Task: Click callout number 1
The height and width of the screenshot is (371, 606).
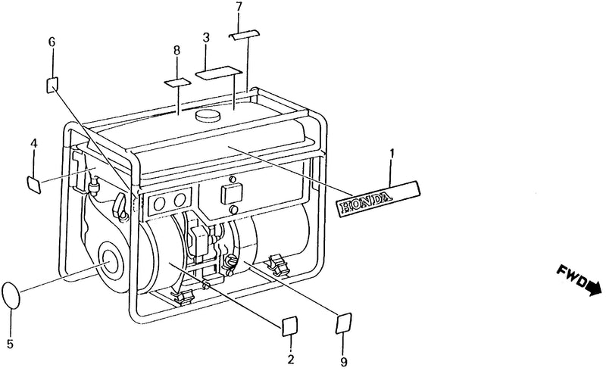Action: tap(392, 154)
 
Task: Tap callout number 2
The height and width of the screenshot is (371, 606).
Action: tap(291, 359)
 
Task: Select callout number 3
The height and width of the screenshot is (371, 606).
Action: tap(206, 38)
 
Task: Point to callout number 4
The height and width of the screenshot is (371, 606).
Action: tap(34, 144)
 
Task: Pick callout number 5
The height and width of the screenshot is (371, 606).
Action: tap(10, 343)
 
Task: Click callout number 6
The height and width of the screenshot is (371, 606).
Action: tap(52, 42)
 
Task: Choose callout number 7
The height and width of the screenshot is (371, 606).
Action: tap(239, 7)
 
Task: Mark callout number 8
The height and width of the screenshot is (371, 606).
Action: tap(176, 50)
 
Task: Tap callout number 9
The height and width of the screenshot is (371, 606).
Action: tap(344, 362)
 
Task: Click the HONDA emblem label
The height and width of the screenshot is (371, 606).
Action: tap(378, 198)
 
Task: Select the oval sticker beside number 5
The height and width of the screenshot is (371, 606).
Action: tap(11, 295)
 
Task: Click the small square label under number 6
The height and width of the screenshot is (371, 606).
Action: tap(52, 85)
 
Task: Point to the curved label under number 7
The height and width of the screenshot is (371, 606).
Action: tap(244, 35)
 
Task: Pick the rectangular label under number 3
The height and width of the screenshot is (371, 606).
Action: tap(218, 73)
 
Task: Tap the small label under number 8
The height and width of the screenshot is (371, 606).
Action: tap(178, 82)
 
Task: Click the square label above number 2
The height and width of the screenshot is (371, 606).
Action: tap(290, 326)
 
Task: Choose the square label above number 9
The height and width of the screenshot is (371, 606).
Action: tap(344, 323)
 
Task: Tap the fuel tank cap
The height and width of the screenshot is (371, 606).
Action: tap(208, 115)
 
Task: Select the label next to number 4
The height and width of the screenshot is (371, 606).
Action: tap(34, 184)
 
